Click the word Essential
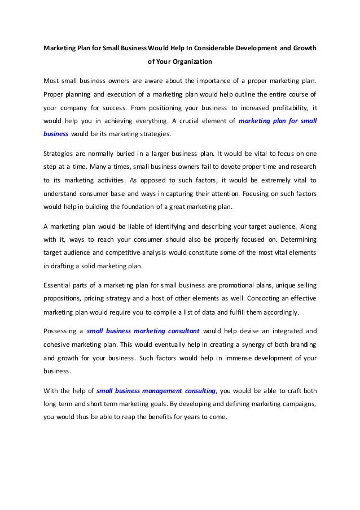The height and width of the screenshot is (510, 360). click(57, 285)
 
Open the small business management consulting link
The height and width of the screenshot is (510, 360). click(156, 390)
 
